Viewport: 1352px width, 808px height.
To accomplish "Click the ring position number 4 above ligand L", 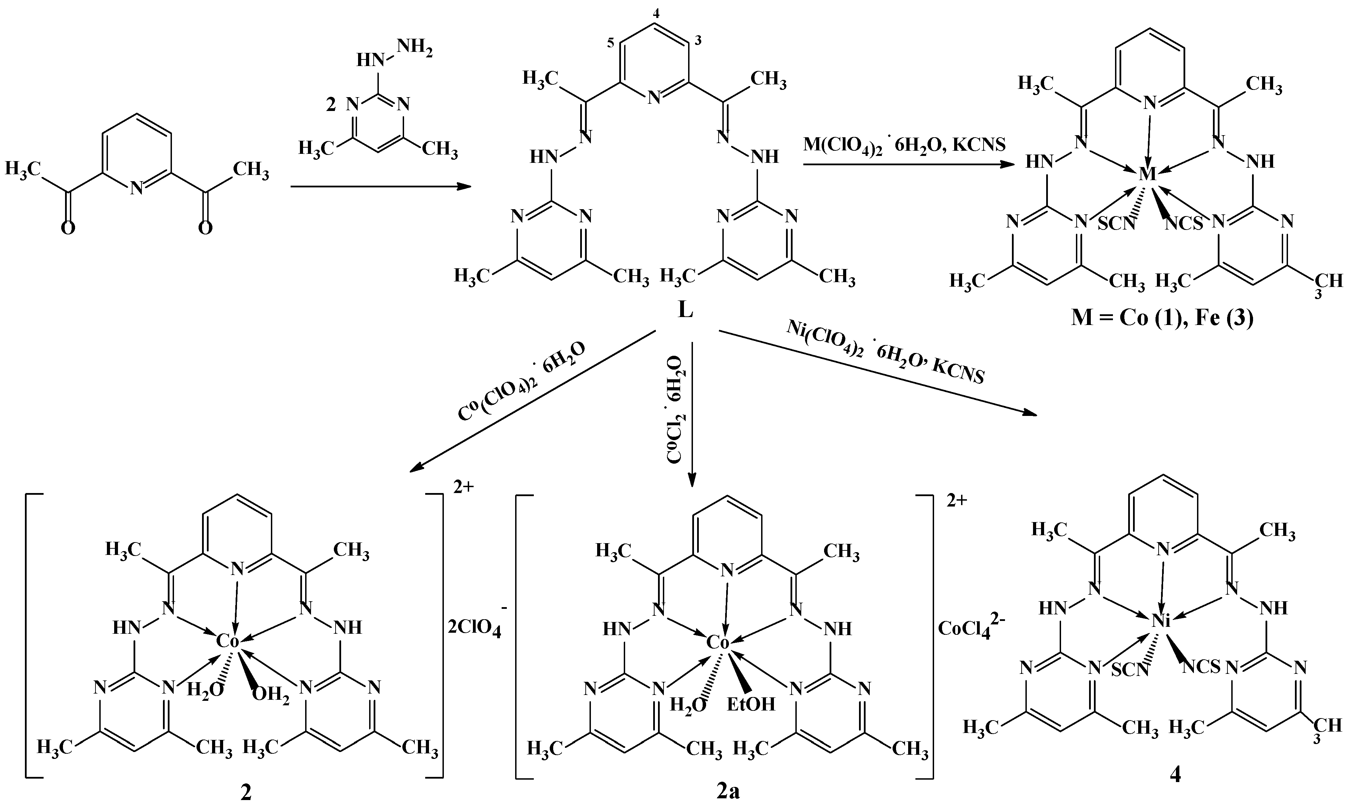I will pos(656,15).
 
